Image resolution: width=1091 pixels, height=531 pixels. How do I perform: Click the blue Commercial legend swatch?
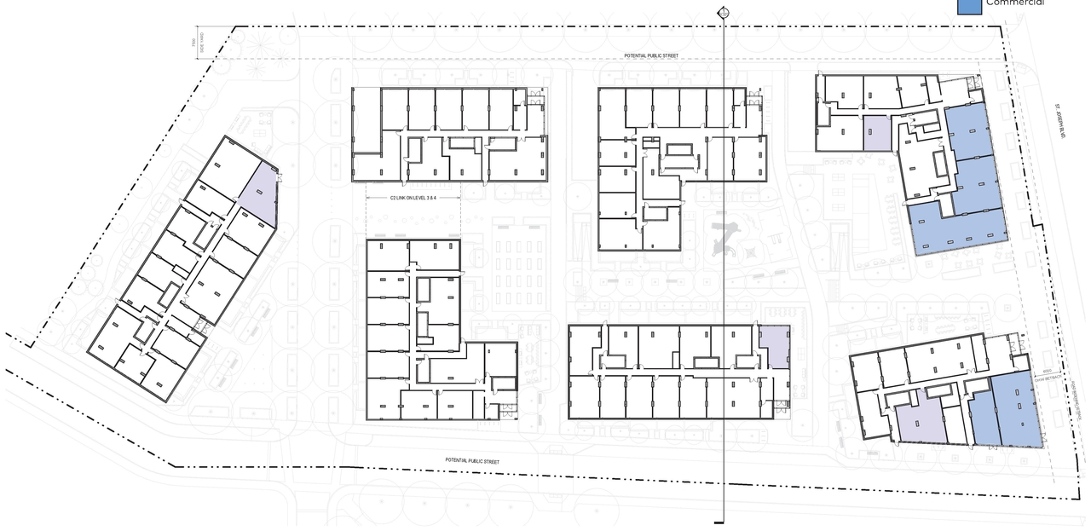969,6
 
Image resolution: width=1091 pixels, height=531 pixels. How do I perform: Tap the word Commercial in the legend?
1014,3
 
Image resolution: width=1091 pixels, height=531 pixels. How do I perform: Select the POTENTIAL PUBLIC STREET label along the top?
650,55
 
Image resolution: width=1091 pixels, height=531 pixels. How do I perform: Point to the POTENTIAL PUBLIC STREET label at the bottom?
471,461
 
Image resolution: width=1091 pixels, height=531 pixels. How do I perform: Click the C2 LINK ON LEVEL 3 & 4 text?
413,198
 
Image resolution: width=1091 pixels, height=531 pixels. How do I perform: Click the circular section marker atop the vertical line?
724,12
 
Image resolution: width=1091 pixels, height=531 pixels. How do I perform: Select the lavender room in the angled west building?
258,193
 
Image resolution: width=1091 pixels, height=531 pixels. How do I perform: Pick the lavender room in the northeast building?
877,134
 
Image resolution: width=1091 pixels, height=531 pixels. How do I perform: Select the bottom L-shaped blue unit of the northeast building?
955,228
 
